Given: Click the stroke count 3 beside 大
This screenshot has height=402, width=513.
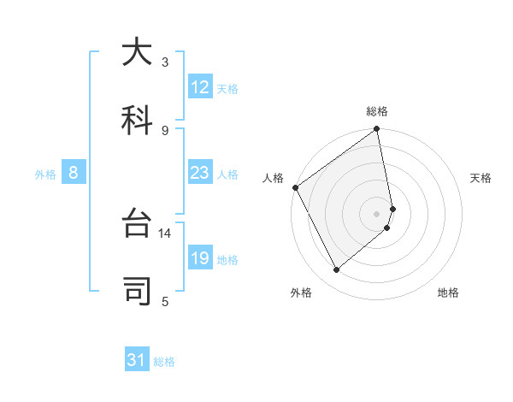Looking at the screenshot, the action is click(165, 62).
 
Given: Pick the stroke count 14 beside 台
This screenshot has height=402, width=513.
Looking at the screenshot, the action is click(165, 233).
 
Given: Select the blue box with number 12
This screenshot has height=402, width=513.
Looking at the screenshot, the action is click(200, 87).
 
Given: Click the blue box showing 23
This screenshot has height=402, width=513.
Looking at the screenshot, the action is click(200, 173).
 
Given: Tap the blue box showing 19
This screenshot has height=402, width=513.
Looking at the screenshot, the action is click(200, 258).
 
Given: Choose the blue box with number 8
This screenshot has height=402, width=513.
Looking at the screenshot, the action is click(74, 173).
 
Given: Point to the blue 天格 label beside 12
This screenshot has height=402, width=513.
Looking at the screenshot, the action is click(227, 88).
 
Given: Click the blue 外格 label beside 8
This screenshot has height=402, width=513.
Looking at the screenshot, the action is click(45, 174).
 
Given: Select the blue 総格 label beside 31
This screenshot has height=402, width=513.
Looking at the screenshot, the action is click(164, 362).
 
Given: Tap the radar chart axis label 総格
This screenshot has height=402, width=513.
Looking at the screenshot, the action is click(377, 111).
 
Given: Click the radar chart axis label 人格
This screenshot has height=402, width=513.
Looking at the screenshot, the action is click(274, 178).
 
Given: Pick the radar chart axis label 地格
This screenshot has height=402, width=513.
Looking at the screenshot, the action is click(448, 293).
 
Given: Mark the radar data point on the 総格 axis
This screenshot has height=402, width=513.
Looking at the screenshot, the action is click(376, 130).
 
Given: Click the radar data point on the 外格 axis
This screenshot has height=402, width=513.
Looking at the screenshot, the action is click(336, 269).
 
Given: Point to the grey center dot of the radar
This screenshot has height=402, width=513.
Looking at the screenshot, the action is click(376, 213).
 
